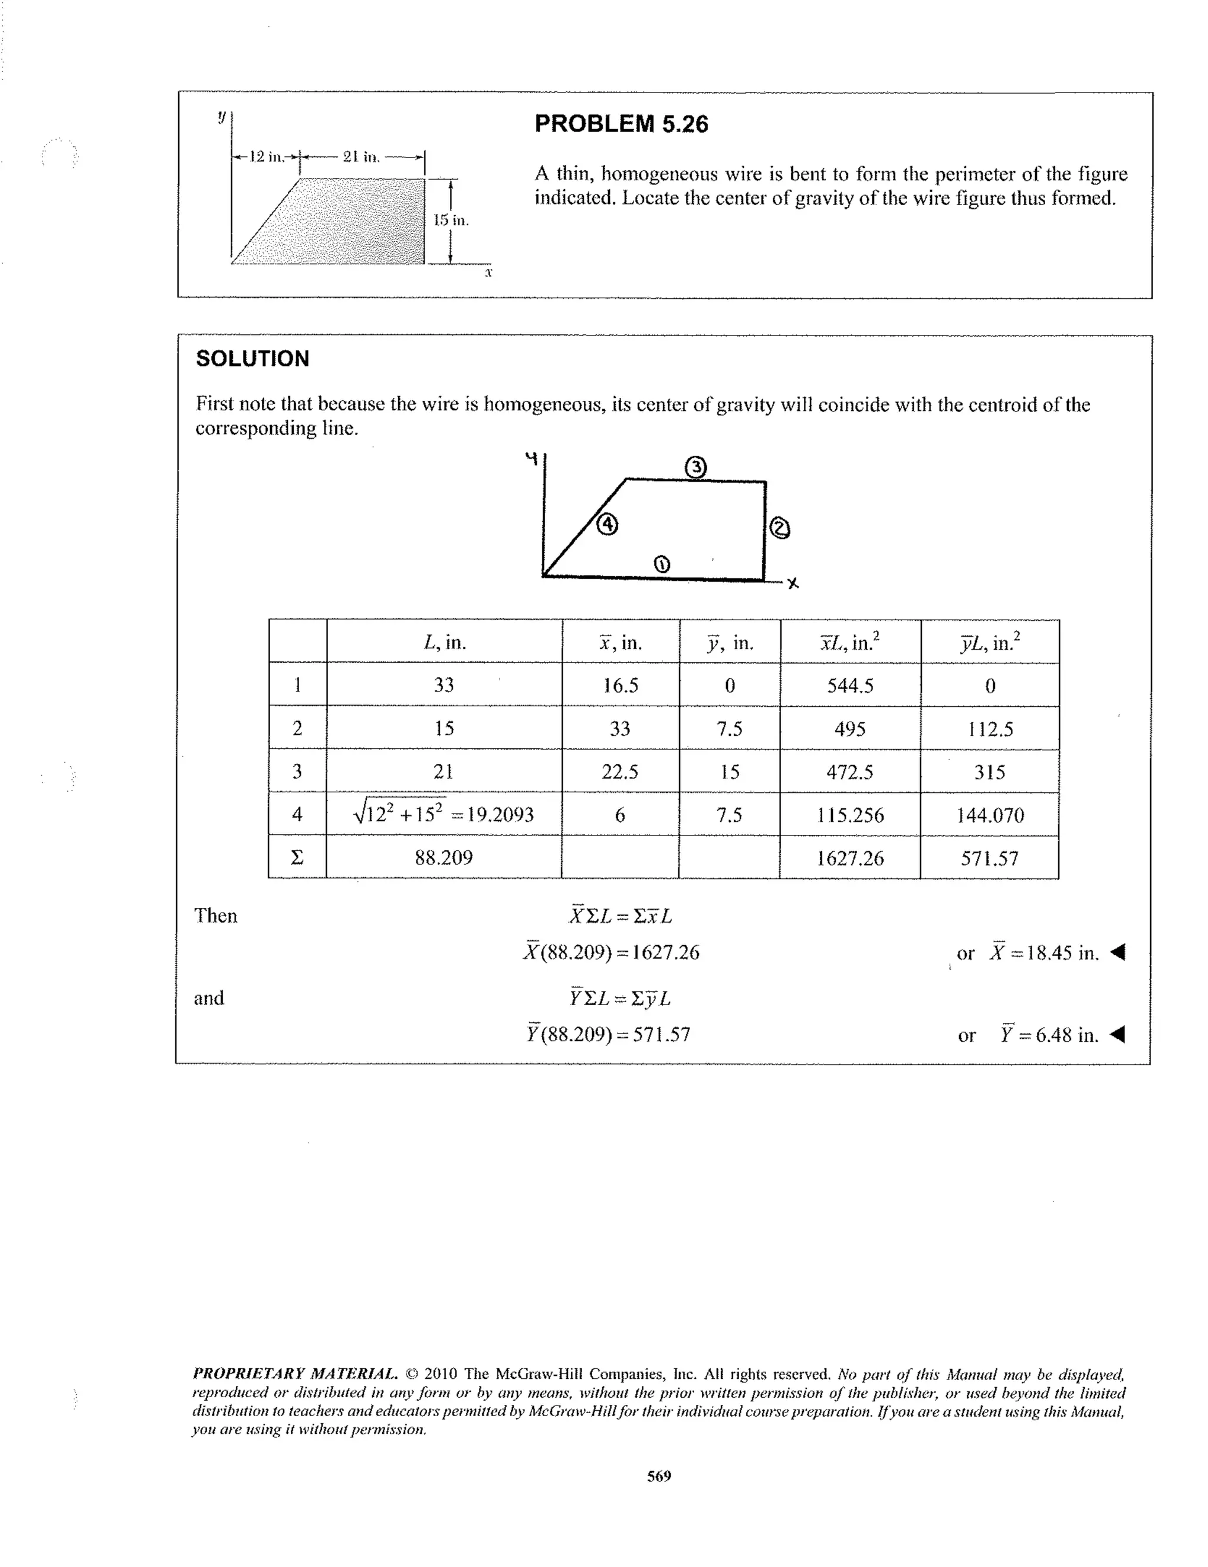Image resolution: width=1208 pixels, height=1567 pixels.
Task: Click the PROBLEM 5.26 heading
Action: coord(621,124)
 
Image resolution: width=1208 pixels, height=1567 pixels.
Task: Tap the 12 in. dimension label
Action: coord(265,156)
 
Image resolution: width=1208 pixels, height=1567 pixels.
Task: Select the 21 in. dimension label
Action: coord(361,156)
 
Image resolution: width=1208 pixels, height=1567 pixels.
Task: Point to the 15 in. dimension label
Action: coord(451,220)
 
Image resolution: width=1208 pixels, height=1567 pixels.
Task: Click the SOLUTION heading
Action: coord(252,359)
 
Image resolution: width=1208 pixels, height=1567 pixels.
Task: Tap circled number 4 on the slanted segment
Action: coord(607,525)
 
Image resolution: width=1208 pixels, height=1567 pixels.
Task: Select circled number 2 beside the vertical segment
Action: coord(780,529)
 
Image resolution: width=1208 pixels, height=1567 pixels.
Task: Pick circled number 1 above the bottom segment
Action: coord(662,565)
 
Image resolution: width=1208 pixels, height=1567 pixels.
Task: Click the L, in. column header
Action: coord(444,642)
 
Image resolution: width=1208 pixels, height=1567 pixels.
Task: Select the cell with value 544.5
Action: coord(850,685)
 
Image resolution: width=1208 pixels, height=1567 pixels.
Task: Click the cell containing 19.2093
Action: coord(444,814)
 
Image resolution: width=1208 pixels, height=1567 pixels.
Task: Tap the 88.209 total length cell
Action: coord(444,857)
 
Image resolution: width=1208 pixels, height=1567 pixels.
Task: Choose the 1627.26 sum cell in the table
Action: coord(850,858)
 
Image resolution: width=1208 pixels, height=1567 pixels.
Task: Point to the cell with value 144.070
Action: coord(990,815)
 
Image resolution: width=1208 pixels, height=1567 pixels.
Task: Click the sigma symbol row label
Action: coord(297,857)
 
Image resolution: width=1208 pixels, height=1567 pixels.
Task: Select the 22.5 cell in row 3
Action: coord(620,772)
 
